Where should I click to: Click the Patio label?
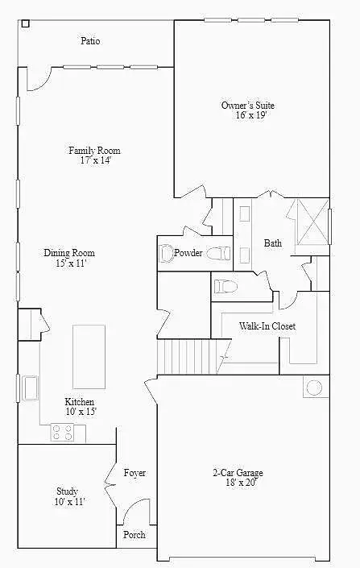coord(90,40)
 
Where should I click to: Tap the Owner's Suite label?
coord(248,106)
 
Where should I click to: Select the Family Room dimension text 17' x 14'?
coord(95,160)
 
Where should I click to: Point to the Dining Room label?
coord(69,252)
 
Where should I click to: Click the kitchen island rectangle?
coord(89,357)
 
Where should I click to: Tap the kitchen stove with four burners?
coord(62,433)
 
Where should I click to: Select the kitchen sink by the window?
coord(30,388)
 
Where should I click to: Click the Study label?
coord(67,491)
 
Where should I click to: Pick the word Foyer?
coord(134,473)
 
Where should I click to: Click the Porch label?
coord(134,535)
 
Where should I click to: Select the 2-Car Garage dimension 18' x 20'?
coord(241,482)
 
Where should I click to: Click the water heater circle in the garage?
coord(314,388)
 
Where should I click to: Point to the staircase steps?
coord(188,356)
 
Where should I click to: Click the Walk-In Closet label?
coord(267,326)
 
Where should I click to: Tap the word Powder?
coord(188,252)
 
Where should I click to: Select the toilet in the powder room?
coord(219,253)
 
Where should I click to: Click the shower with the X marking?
coord(313,222)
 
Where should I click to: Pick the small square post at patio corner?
coord(25,24)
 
